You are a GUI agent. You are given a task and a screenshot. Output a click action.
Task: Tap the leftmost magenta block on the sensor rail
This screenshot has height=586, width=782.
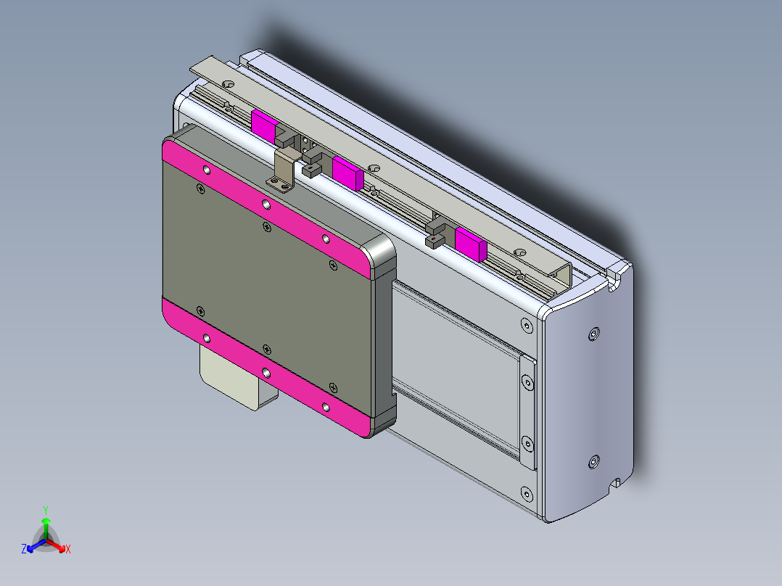pos(263,125)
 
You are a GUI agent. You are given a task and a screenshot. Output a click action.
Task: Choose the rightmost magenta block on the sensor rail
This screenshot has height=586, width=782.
pos(470,243)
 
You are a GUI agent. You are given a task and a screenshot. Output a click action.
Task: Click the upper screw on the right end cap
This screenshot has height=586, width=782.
pos(594,334)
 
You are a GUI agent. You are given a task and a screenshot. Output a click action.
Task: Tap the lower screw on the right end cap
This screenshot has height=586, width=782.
pos(594,461)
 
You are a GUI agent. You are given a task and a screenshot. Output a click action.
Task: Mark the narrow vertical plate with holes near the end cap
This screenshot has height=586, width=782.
pos(527,411)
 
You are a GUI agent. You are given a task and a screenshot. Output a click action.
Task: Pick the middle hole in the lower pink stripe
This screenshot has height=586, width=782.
pos(266,372)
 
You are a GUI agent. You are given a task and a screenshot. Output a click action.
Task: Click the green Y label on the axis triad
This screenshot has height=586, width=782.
pos(46,509)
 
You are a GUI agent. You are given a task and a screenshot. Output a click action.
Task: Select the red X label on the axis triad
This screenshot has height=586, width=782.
pos(68,550)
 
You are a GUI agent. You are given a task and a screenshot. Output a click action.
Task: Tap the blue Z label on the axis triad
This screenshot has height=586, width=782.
pos(24,550)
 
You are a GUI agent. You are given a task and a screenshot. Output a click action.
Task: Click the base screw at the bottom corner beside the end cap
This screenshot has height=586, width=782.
pos(524,495)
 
